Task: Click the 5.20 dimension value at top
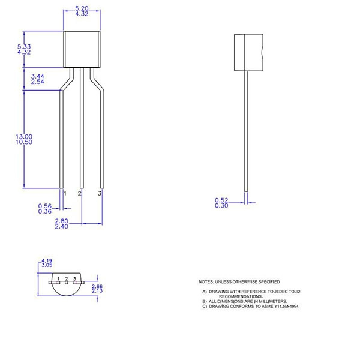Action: (x=83, y=8)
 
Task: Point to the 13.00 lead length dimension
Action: (x=25, y=137)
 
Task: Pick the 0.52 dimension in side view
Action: (x=222, y=200)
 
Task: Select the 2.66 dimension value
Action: (x=97, y=287)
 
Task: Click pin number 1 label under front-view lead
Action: (x=65, y=194)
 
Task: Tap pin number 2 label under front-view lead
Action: (x=80, y=194)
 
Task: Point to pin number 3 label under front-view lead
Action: (x=100, y=194)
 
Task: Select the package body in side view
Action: (x=248, y=53)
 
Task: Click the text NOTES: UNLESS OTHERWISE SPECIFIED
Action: (x=239, y=281)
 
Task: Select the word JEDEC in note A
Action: (x=277, y=292)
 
